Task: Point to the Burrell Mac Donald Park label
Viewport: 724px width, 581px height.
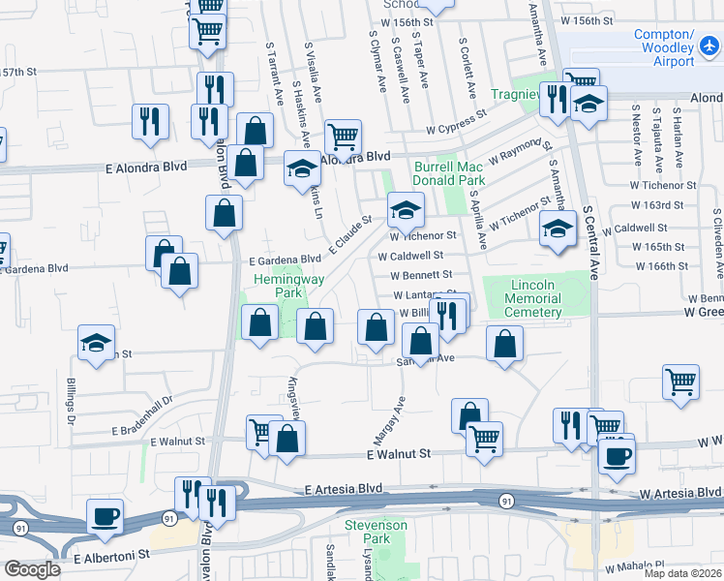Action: [449, 173]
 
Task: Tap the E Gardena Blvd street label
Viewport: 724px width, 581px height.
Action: [285, 260]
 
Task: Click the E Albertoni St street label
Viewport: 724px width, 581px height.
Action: [112, 557]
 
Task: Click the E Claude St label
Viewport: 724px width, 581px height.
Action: [349, 235]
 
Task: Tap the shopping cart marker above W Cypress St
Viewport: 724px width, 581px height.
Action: [343, 137]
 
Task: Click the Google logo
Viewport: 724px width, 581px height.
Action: [32, 569]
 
